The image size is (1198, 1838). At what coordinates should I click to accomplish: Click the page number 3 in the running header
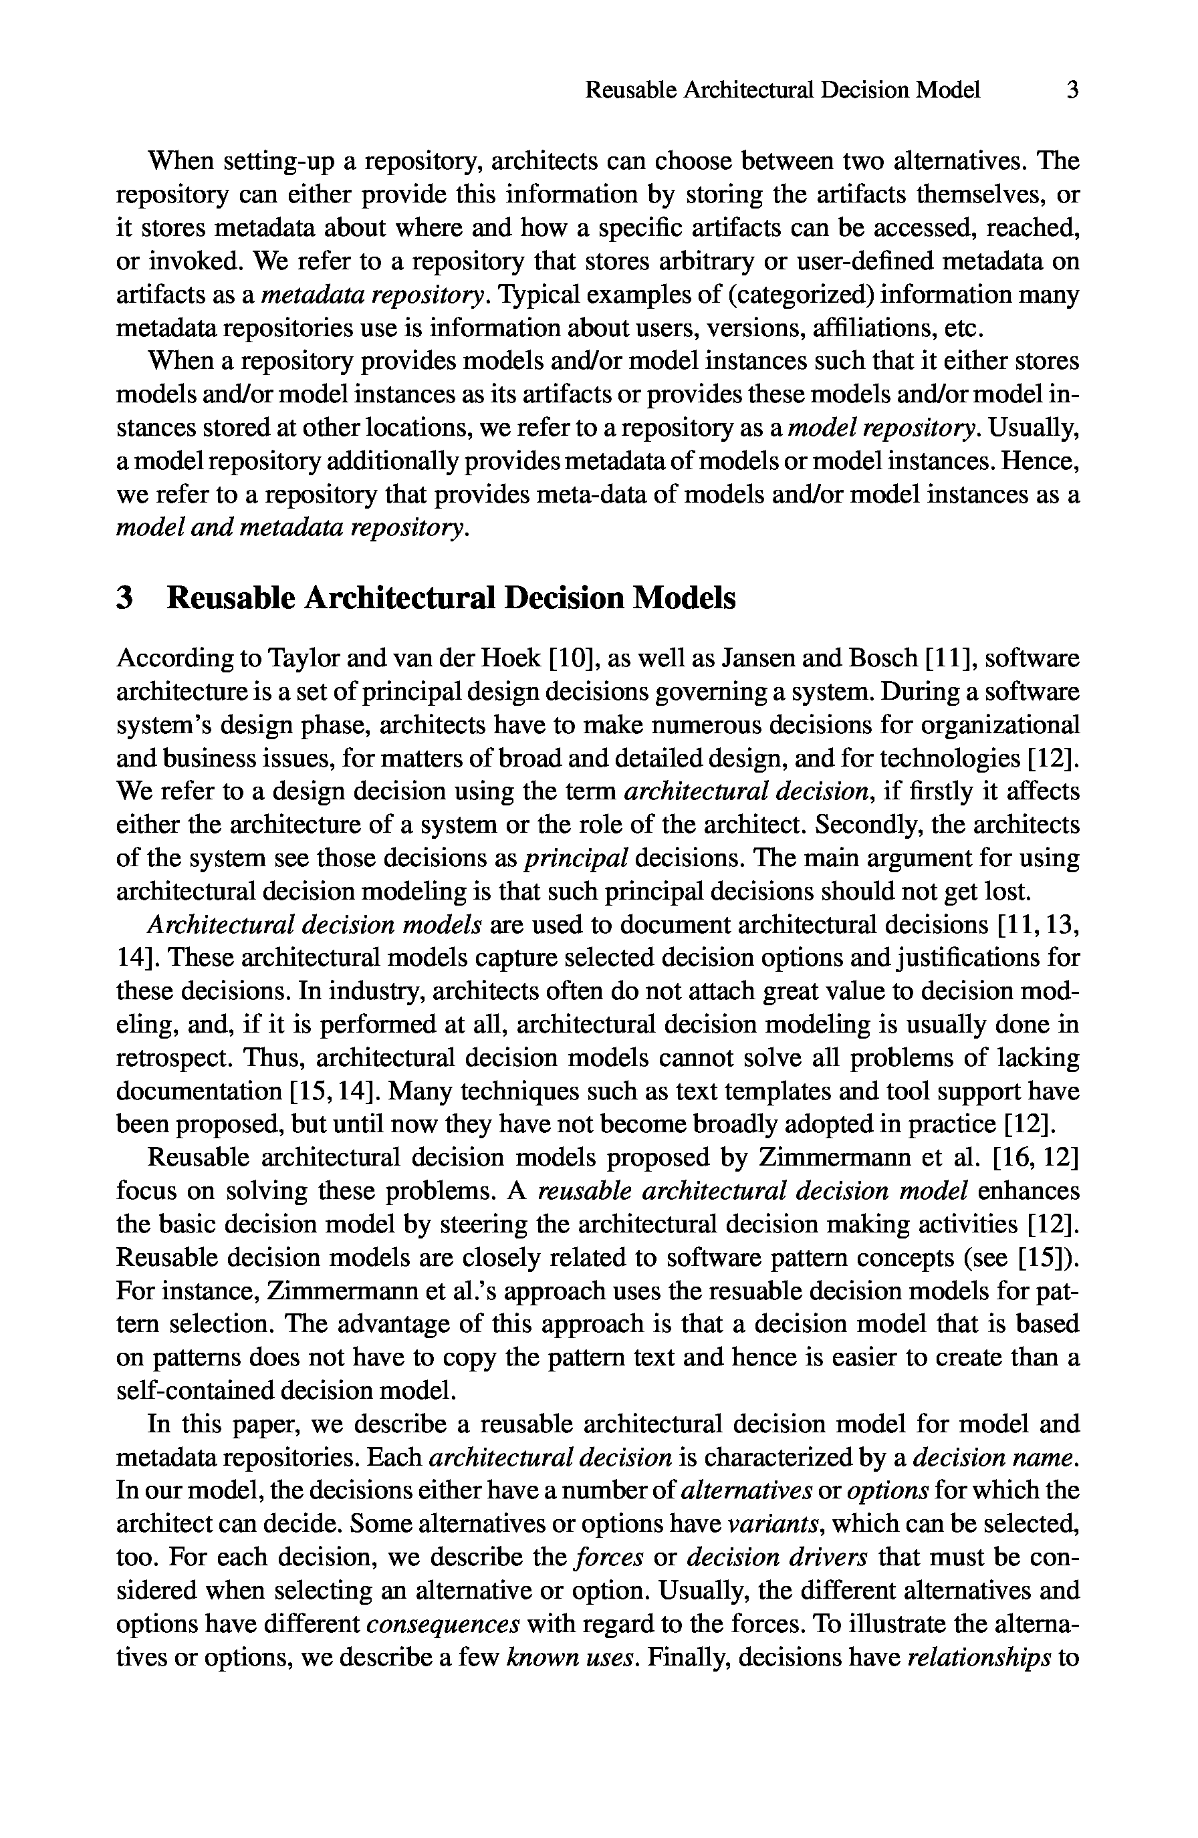pos(1072,91)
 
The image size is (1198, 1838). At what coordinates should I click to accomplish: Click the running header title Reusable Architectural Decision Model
pos(782,91)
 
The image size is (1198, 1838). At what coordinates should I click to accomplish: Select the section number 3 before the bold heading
pos(124,598)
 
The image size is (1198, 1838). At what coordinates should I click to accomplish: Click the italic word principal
pos(576,858)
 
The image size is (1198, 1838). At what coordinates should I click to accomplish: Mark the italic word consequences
pos(443,1623)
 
